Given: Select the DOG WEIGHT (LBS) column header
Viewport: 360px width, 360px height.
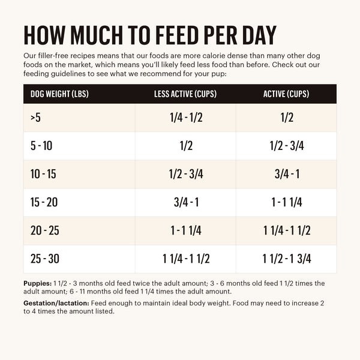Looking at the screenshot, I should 60,94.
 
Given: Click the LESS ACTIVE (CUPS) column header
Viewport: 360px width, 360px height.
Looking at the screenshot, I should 186,94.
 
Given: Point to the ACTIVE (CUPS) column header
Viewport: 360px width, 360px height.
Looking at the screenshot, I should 287,94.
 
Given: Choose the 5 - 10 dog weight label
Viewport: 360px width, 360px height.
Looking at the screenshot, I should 41,146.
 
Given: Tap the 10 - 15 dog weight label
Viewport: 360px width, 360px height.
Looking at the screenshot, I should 43,174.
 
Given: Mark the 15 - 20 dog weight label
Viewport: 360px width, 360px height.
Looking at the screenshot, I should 44,202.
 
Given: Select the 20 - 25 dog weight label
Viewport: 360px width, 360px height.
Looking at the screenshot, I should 44,230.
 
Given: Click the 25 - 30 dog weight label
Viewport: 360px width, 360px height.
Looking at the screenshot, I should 44,259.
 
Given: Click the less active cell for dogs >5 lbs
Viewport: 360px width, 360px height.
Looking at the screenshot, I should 186,118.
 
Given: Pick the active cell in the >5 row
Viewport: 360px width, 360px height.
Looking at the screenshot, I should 287,118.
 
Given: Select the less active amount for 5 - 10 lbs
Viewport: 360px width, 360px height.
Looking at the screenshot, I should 186,146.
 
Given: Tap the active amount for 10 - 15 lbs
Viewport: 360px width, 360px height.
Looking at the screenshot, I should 287,174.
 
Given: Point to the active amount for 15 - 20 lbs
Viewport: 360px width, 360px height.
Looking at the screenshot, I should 287,202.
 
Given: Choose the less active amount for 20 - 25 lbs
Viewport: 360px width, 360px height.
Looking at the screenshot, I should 186,230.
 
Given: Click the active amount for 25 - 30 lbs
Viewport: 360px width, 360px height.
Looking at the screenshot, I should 287,259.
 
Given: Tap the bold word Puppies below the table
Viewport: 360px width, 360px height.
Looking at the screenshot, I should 37,283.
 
